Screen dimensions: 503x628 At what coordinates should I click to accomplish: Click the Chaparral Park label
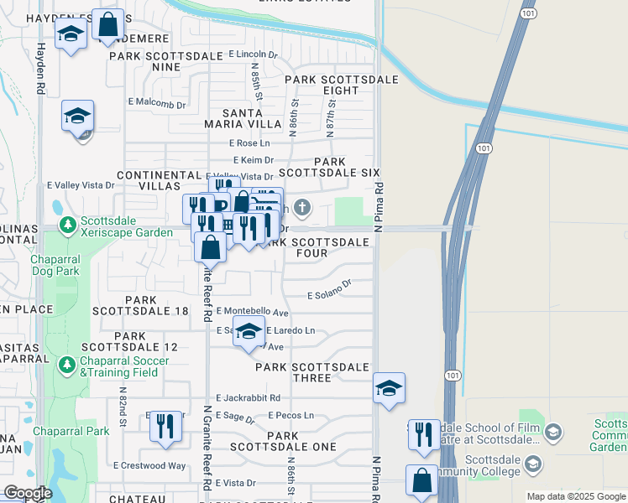pos(71,431)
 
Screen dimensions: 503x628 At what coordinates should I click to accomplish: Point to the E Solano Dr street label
pos(328,294)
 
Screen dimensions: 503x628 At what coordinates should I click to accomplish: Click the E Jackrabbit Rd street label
pos(248,397)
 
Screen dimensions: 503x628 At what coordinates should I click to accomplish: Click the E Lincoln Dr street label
pos(253,54)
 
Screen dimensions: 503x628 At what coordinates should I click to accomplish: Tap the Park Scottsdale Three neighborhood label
pos(312,372)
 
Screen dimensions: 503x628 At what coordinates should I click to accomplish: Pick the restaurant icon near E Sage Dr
pos(166,426)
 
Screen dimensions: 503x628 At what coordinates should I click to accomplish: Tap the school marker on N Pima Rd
pos(389,387)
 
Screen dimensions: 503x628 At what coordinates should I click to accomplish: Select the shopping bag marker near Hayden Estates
pos(107,24)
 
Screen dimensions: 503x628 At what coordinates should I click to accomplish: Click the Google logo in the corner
pos(28,493)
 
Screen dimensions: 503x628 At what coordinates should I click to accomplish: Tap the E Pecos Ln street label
pos(291,415)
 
